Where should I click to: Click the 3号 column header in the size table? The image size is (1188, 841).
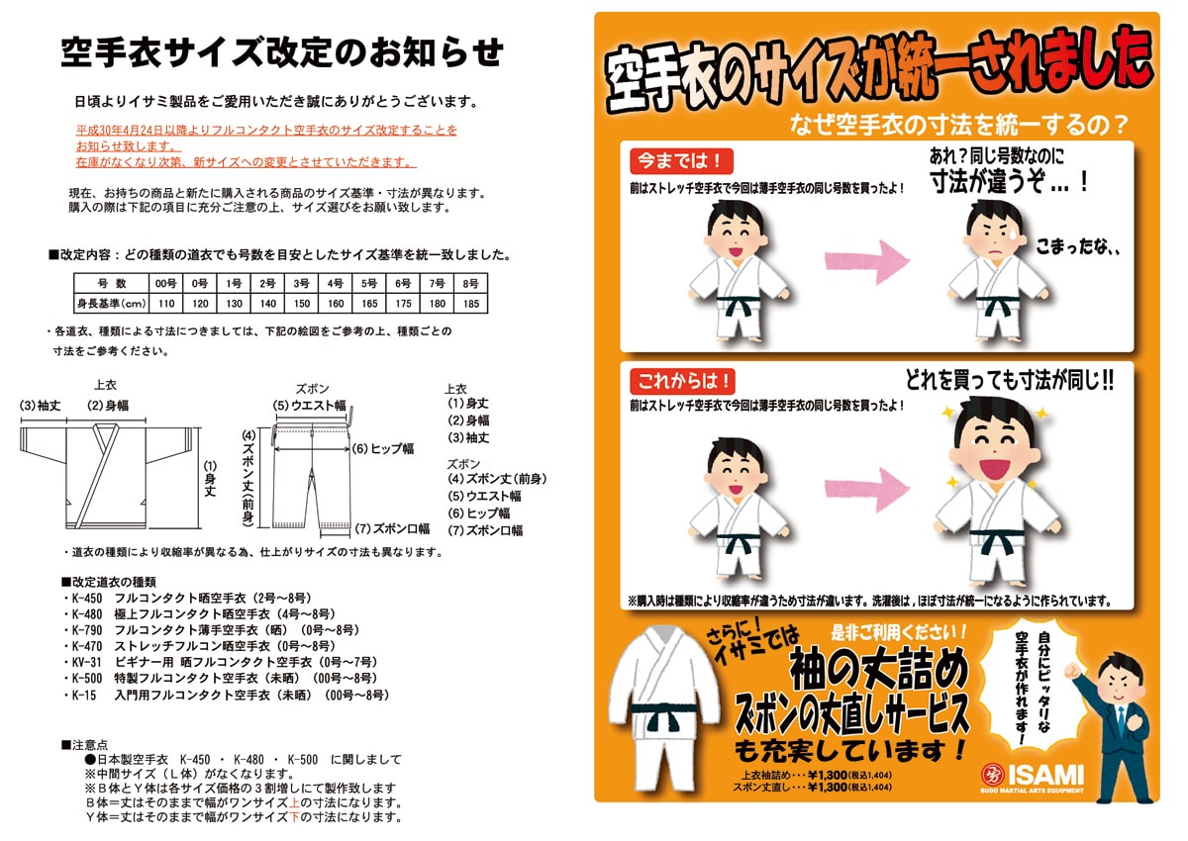click(301, 284)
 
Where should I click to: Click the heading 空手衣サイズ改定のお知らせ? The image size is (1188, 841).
click(281, 51)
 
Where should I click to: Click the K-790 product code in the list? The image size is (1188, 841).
click(87, 629)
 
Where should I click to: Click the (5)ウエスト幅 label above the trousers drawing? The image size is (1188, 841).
click(309, 405)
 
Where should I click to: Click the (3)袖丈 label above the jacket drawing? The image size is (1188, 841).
click(42, 405)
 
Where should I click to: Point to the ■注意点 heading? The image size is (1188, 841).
click(84, 743)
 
